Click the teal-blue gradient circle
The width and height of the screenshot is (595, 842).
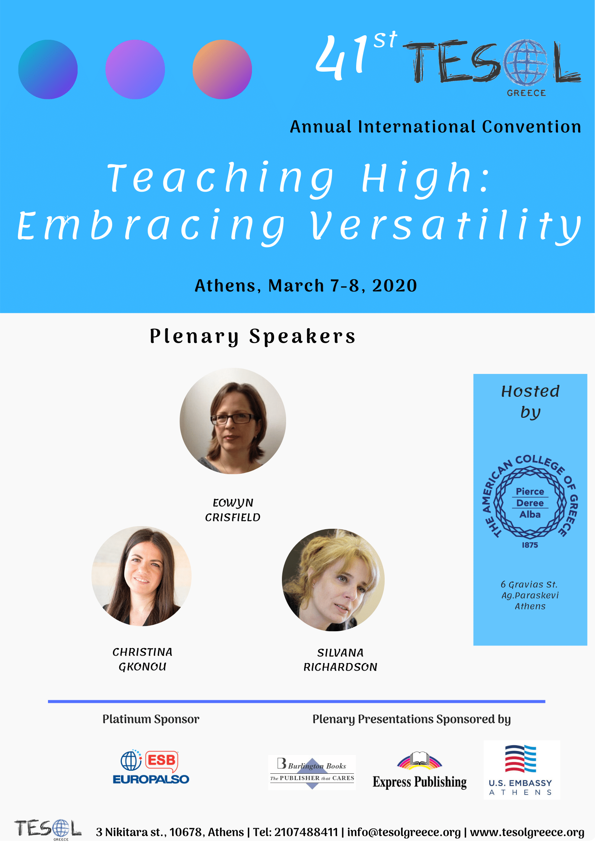click(48, 69)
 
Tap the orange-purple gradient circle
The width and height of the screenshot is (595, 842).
click(222, 69)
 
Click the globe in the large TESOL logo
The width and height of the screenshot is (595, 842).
click(525, 62)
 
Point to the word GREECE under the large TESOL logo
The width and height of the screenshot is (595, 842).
click(526, 93)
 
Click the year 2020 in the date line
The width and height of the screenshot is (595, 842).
click(394, 286)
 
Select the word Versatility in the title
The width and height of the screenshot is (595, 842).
click(446, 226)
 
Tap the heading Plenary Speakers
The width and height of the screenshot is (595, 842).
click(252, 336)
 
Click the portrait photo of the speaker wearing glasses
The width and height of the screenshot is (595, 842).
click(233, 421)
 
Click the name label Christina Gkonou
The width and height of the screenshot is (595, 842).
click(142, 659)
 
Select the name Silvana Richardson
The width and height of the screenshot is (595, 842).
click(340, 660)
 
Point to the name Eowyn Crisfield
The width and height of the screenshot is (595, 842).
click(233, 510)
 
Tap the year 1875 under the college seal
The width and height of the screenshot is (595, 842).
click(530, 545)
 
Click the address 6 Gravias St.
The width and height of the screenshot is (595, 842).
click(529, 584)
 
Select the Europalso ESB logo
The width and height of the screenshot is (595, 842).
click(151, 767)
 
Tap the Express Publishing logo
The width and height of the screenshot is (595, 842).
click(420, 771)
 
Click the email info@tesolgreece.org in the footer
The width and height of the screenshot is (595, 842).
click(404, 832)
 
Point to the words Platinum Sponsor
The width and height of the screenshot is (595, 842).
click(151, 719)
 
